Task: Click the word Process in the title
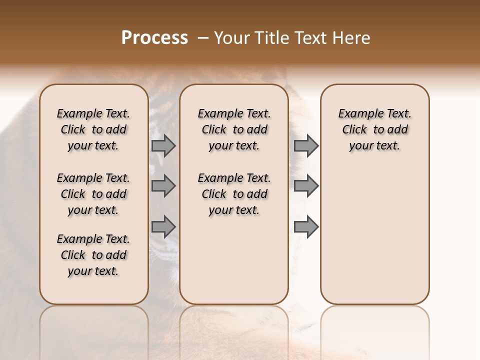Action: pos(154,38)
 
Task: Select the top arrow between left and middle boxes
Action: pos(163,145)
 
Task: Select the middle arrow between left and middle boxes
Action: pos(163,186)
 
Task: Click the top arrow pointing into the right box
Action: pos(306,145)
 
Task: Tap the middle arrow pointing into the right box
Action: pos(306,186)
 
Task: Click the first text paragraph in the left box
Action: pos(93,129)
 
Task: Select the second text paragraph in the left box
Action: pos(93,194)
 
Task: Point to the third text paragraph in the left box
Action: pos(93,255)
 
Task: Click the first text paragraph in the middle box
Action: pos(234,129)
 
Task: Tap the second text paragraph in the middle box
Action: pos(234,194)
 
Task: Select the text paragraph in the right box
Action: pos(375,129)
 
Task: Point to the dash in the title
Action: pos(202,38)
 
